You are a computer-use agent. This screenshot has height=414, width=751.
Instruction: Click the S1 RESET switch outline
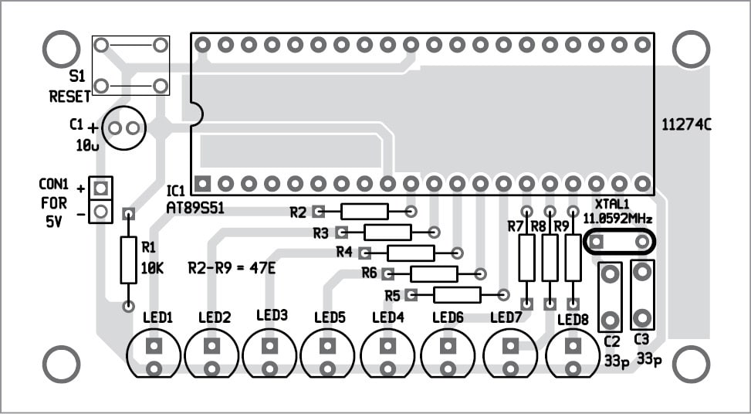(x=130, y=65)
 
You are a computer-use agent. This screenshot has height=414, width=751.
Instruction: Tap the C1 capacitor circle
(x=124, y=127)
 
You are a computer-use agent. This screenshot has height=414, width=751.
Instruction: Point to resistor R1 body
(x=128, y=260)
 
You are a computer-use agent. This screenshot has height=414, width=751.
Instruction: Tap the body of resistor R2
(x=364, y=211)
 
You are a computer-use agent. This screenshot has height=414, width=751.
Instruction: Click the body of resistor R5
(x=457, y=294)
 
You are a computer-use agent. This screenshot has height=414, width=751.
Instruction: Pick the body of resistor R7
(x=526, y=258)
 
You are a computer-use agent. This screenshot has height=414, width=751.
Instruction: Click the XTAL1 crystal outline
(x=619, y=242)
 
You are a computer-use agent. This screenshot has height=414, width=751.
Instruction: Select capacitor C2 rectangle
(x=610, y=296)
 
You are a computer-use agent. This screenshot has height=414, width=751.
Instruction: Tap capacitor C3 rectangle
(x=642, y=294)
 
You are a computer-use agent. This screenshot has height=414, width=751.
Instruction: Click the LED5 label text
(x=330, y=317)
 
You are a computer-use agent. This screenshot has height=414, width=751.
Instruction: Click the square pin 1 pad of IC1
(x=202, y=184)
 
